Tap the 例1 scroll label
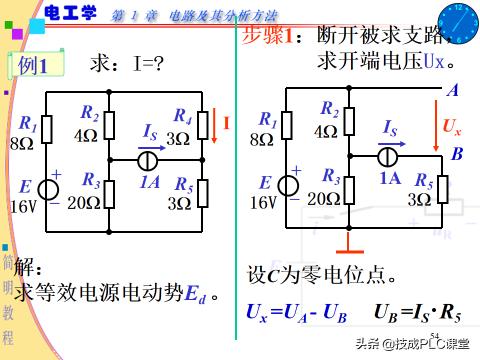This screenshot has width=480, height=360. [35, 65]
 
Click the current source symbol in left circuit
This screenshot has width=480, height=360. [147, 160]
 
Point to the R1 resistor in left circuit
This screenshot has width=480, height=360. [46, 128]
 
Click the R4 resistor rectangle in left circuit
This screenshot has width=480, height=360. [202, 125]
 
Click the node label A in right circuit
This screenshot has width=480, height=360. [453, 90]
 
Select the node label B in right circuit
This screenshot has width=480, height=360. [456, 154]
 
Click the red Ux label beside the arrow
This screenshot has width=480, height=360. [451, 128]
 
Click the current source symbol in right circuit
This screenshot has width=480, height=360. [387, 156]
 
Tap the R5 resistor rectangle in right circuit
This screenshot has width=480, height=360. [442, 189]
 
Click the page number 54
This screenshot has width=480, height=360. [434, 335]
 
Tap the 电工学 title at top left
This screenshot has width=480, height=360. [70, 13]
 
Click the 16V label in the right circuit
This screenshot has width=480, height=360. [263, 202]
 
